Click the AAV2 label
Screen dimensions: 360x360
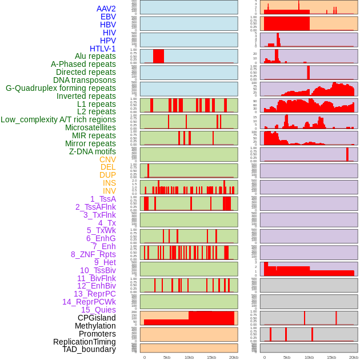coord(106,9)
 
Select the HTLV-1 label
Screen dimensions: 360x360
coord(103,49)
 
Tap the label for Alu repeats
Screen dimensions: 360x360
coord(95,57)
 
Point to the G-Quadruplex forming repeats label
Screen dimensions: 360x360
coord(61,89)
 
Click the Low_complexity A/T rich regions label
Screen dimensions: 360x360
coord(58,119)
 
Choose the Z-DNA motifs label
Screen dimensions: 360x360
coord(93,151)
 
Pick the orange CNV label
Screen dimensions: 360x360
coord(107,159)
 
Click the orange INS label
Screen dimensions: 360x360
coord(109,183)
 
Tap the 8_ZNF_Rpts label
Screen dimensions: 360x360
coord(93,254)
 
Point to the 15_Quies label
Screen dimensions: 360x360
coord(98,310)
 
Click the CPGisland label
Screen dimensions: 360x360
coord(97,318)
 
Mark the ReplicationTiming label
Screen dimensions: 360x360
coord(85,342)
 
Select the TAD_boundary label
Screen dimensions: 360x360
coord(89,349)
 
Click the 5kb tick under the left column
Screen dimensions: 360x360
coord(167,357)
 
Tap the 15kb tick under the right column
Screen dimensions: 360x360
coord(331,357)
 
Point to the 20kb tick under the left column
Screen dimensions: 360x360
coord(234,357)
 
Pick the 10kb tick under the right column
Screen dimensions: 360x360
coord(309,357)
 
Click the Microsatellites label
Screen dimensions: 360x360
coord(90,127)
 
